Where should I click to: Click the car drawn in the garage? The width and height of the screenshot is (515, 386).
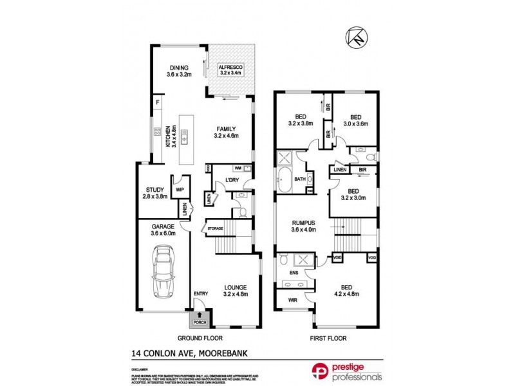coord(164,273)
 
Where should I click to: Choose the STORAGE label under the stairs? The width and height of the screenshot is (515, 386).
coord(214,228)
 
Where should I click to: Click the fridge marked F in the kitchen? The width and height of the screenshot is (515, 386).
coord(157,102)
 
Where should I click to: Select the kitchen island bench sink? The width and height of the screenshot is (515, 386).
coord(184,137)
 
